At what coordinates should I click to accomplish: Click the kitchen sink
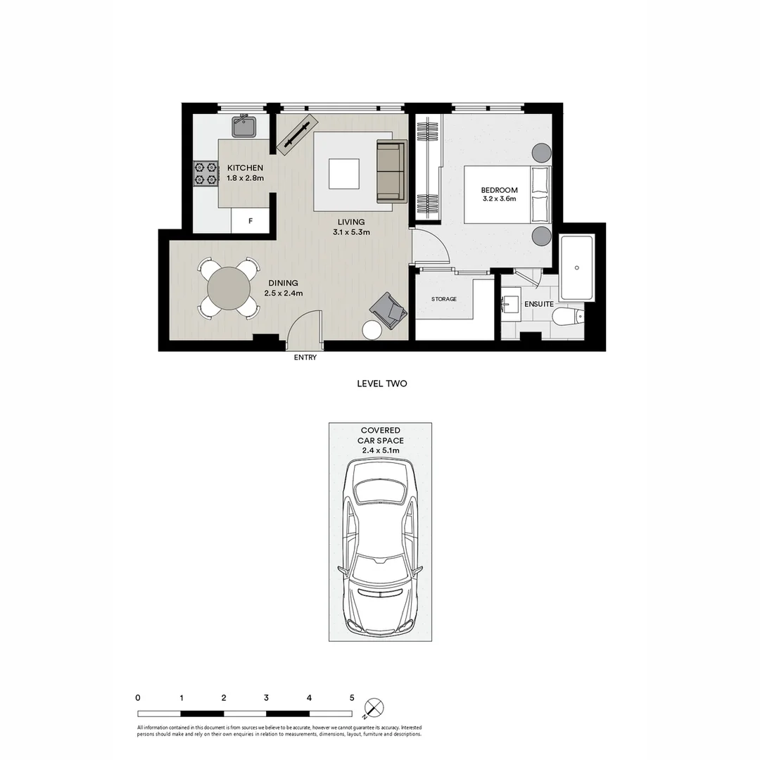(244, 127)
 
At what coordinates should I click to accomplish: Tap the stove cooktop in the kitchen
(206, 173)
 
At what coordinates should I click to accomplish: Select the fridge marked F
(251, 221)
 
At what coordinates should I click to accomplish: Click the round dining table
(228, 289)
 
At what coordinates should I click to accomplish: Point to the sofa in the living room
(391, 172)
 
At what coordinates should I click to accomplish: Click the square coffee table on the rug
(344, 173)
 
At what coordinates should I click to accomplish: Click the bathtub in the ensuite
(576, 267)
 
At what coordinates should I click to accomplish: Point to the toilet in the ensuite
(567, 317)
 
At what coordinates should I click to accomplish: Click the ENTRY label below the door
(305, 357)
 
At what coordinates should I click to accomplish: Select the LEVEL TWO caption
(382, 384)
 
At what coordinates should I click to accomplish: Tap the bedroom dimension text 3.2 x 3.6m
(499, 199)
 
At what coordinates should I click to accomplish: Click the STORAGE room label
(444, 299)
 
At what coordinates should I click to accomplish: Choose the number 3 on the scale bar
(267, 698)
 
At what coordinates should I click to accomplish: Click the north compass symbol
(374, 707)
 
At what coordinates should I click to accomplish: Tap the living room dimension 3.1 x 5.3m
(350, 232)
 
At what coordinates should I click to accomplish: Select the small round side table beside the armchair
(372, 330)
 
